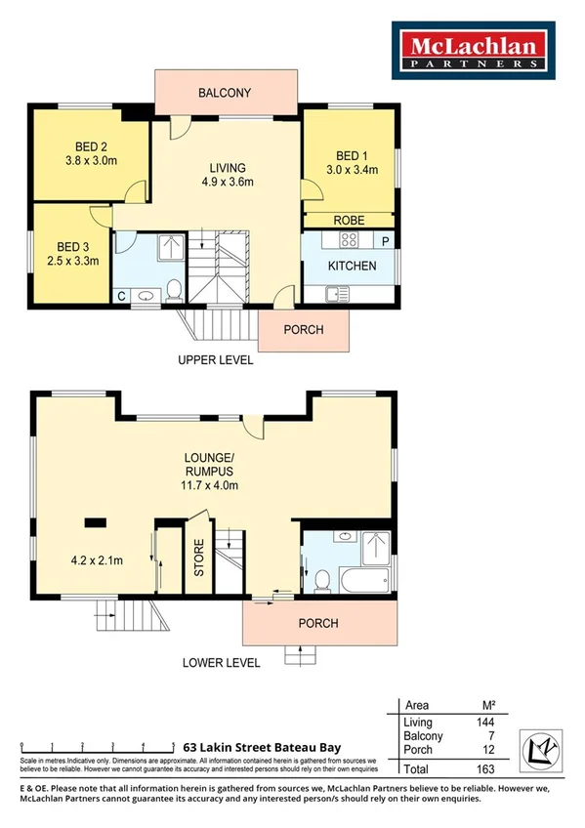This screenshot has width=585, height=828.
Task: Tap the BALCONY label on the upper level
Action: [x=225, y=94]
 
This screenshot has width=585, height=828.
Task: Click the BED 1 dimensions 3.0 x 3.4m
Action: [x=352, y=170]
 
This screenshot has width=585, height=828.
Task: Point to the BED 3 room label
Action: [x=73, y=246]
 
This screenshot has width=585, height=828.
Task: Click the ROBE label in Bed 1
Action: [x=349, y=221]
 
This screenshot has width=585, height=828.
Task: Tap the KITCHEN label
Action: [x=352, y=266]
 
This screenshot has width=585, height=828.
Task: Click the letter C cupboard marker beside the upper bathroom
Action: [x=121, y=295]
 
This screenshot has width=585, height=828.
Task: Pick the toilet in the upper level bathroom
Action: [x=174, y=290]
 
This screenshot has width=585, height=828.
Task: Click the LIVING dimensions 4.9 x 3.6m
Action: [x=228, y=182]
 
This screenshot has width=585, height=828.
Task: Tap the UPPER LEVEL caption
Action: [x=215, y=360]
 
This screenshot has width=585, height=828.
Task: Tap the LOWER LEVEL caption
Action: [x=221, y=663]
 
